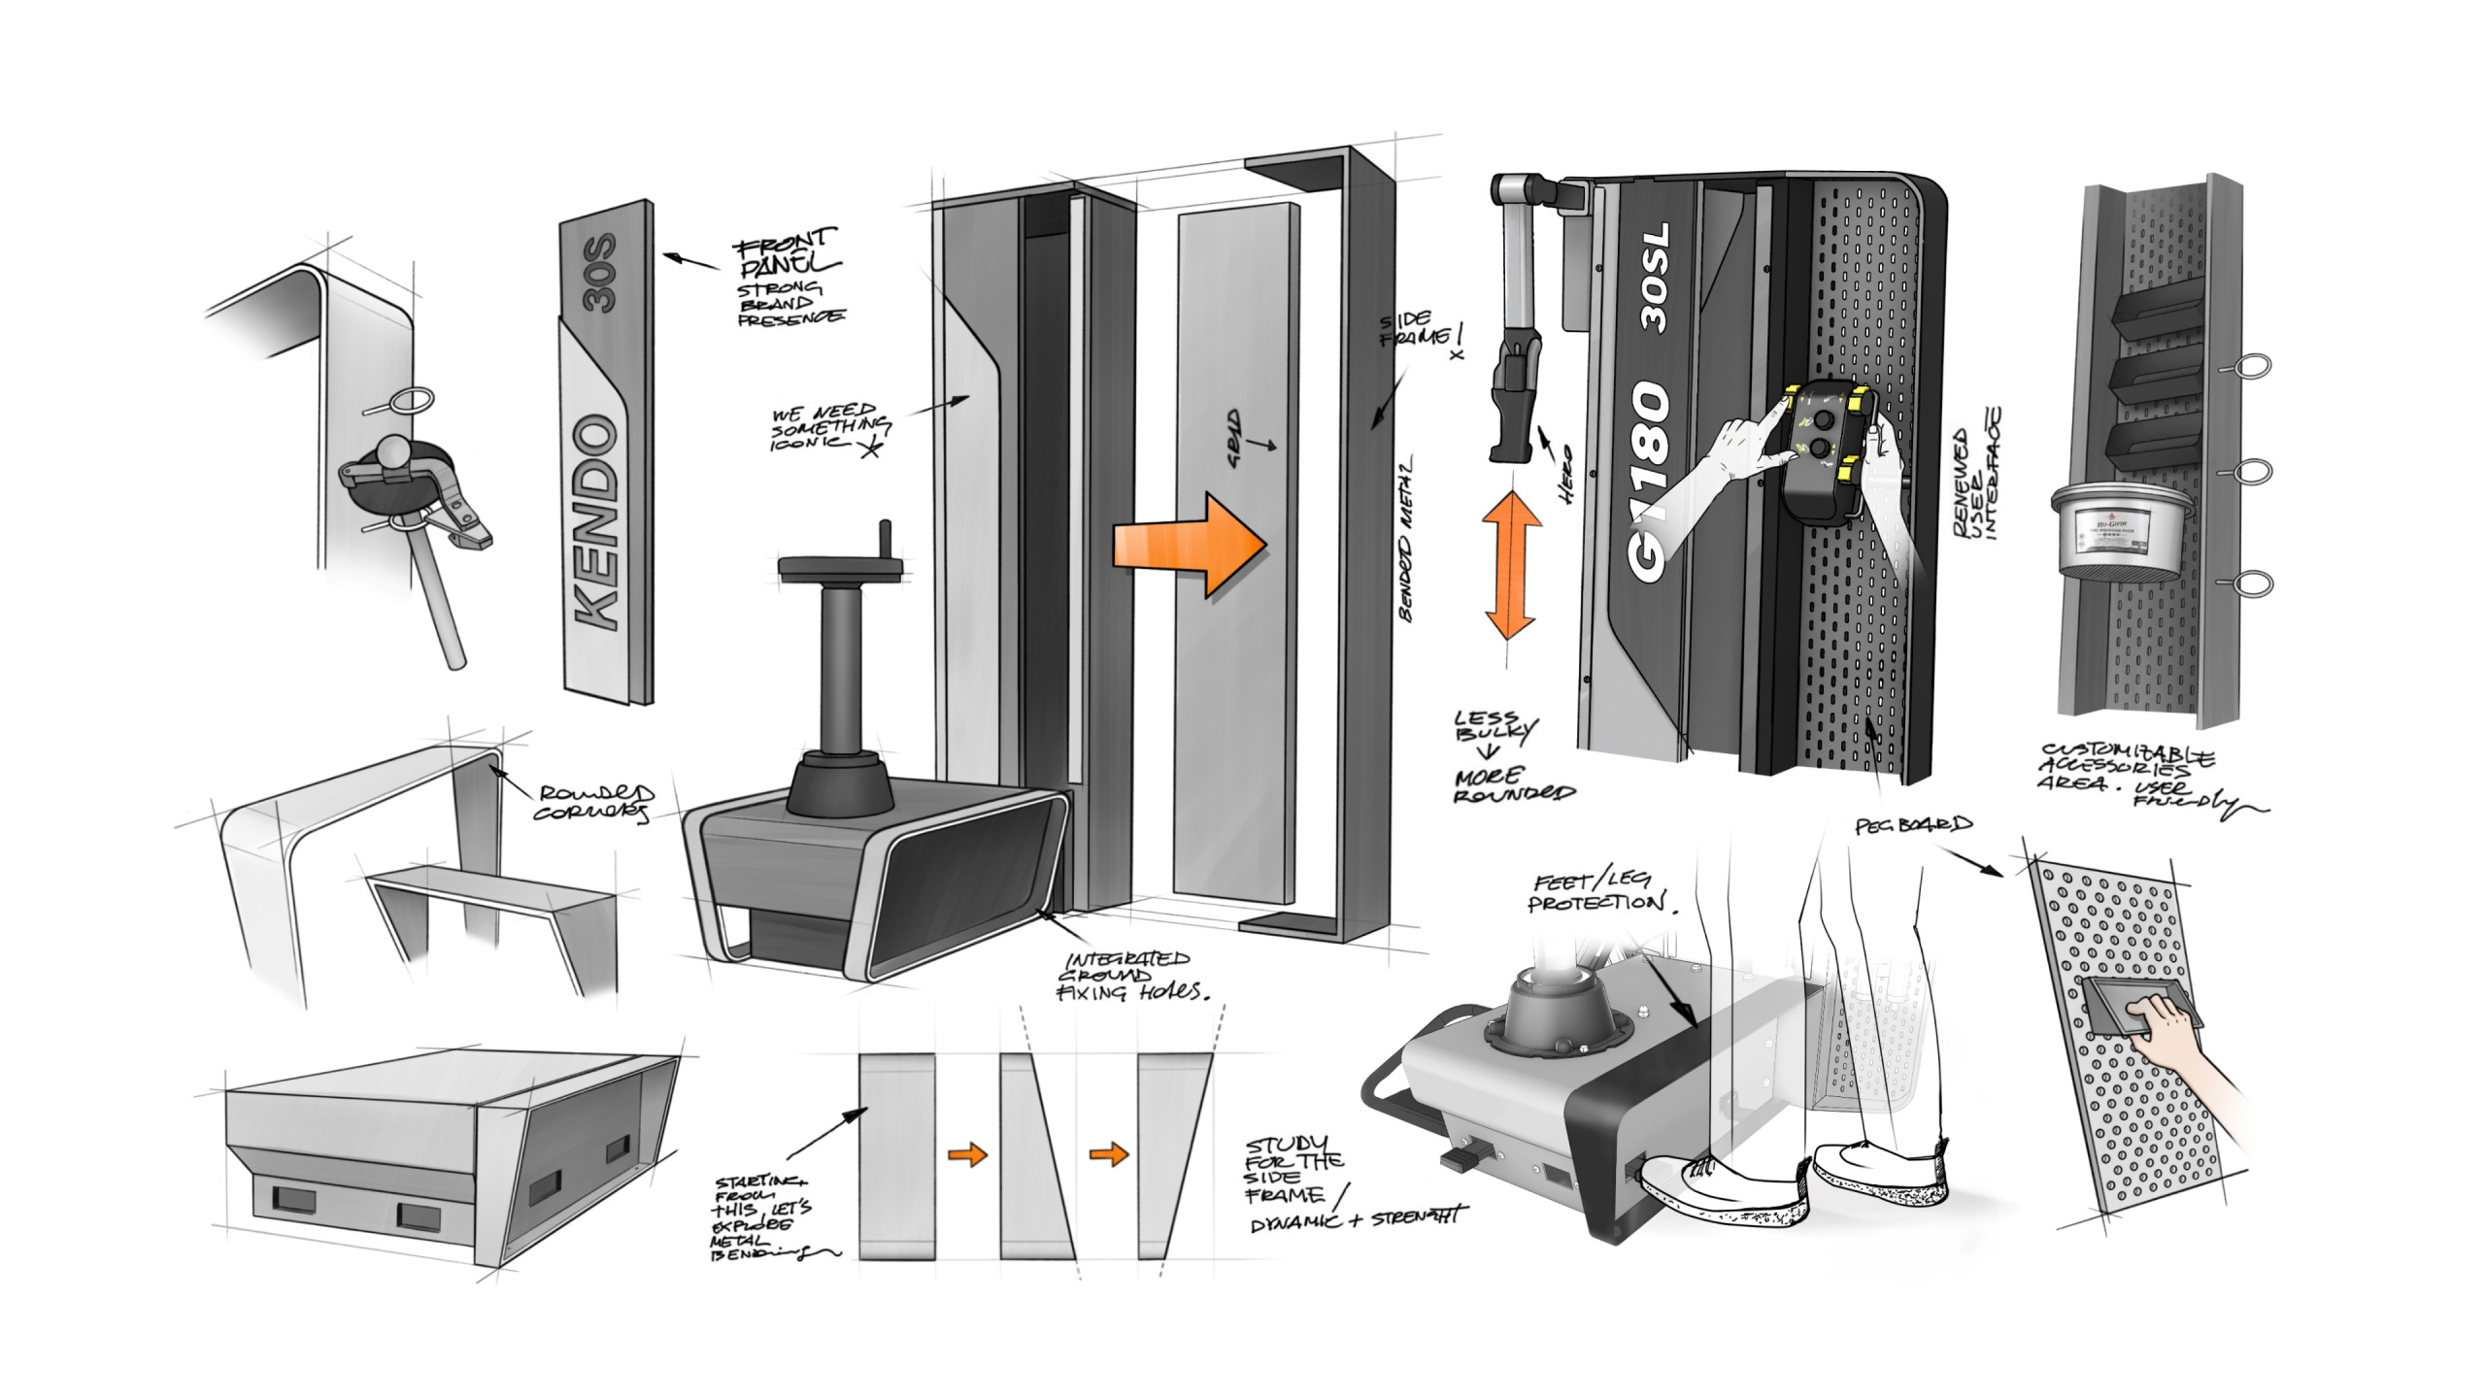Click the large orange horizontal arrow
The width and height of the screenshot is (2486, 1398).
tap(1190, 544)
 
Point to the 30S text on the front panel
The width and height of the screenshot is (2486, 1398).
tap(600, 273)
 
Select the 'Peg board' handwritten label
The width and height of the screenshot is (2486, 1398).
tap(1913, 825)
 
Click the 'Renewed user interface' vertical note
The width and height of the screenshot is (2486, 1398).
tap(1975, 476)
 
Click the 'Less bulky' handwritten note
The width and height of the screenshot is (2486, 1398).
tap(1495, 726)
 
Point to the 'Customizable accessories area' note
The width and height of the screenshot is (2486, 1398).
tap(2127, 772)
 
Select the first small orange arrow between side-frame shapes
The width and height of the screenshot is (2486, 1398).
tap(967, 1153)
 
